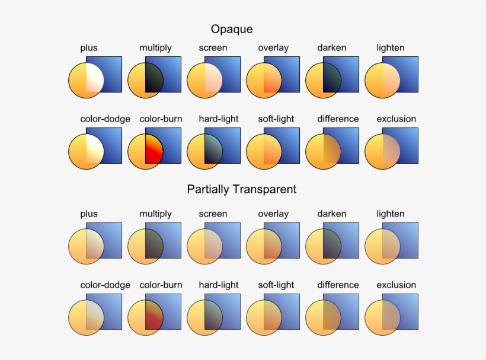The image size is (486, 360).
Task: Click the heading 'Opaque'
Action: point(232,29)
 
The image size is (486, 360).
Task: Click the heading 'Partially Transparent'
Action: point(241,189)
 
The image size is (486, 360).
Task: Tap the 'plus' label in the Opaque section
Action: point(89,47)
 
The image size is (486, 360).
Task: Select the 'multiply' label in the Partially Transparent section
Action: point(155,214)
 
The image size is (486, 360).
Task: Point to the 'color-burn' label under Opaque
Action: point(161,119)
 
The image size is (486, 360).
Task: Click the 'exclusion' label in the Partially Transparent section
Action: point(396,285)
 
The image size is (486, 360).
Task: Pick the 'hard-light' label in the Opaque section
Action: point(219,119)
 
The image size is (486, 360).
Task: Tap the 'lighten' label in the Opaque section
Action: point(390,47)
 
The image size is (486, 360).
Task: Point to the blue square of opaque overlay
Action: point(287,68)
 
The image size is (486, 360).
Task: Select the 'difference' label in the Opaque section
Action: point(338,119)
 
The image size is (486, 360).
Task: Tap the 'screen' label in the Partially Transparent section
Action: point(213,214)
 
